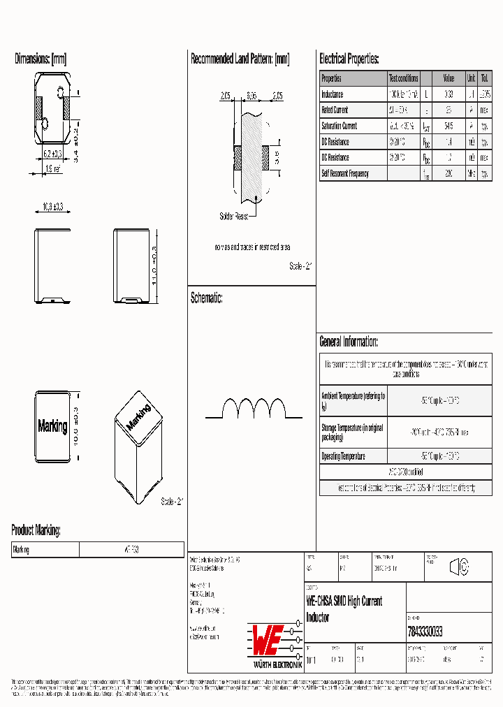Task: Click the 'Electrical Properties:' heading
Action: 349,59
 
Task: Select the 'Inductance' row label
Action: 333,94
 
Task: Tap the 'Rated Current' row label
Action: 335,110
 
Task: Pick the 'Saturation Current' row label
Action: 339,126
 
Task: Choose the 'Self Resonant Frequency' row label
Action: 345,173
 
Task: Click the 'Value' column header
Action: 449,79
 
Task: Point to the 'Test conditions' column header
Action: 404,79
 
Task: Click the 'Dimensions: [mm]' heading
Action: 41,59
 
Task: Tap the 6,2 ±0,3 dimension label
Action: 53,153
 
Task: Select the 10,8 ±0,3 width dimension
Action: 53,207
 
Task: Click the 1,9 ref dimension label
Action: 53,168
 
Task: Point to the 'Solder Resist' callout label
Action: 233,217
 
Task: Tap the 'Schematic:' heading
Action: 207,298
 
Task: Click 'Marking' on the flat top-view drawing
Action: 52,426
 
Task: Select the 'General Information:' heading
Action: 349,342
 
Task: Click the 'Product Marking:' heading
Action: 36,530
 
